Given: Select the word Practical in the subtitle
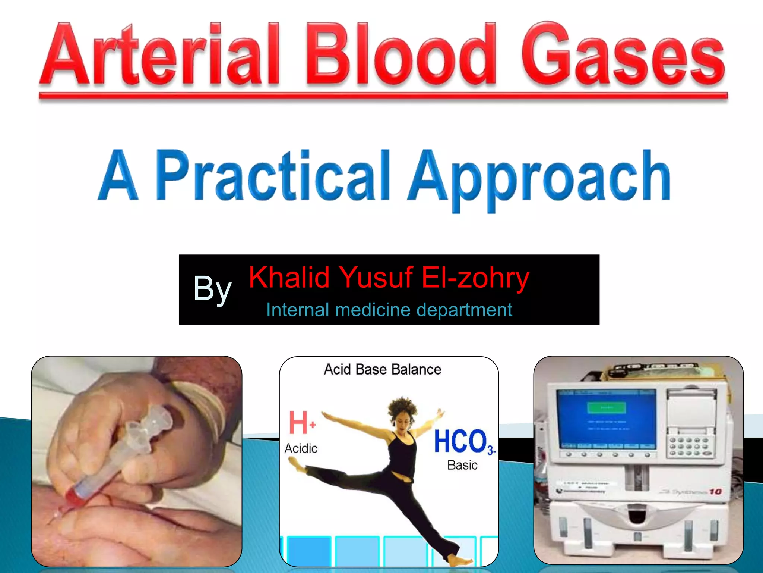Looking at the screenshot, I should point(272,175).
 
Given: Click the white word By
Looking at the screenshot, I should point(212,289).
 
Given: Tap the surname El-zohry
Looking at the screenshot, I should point(475,278).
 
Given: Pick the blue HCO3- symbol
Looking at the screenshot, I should point(464,442).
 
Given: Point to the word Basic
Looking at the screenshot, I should point(462,465).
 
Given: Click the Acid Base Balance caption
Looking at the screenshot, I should point(383,369).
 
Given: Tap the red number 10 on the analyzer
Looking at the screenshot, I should point(715,492).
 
